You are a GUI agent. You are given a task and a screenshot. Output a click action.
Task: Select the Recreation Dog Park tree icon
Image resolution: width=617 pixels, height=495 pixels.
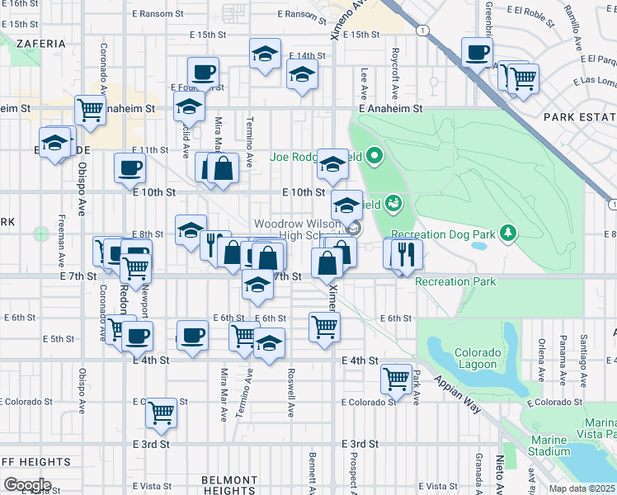coord(509,234)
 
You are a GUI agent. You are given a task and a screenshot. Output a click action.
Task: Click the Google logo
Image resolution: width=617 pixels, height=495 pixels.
coord(27,485)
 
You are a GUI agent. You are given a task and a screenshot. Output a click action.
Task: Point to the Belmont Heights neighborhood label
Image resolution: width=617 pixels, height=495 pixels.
coord(230,485)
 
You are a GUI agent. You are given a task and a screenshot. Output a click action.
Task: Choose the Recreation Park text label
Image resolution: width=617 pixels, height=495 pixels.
coord(455,281)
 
